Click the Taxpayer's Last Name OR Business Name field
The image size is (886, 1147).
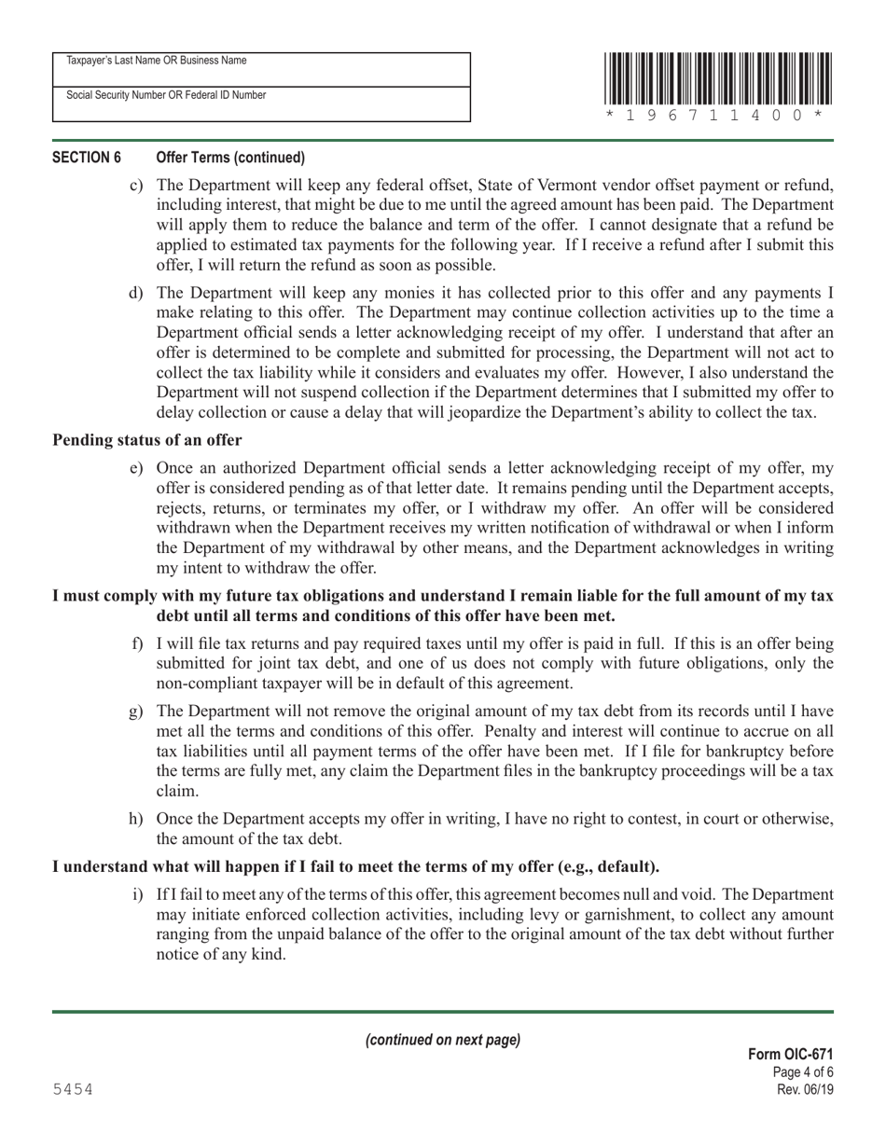click(x=261, y=71)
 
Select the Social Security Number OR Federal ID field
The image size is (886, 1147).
click(x=261, y=105)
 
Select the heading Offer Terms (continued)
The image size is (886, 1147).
click(x=230, y=157)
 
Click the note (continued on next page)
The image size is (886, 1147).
click(x=443, y=1040)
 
